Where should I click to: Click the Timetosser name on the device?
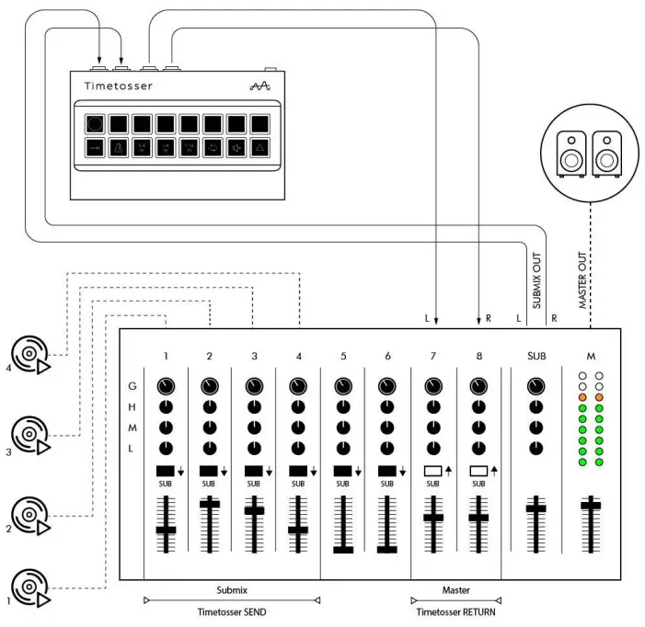point(119,85)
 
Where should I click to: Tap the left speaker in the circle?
point(573,153)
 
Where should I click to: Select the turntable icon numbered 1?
point(29,587)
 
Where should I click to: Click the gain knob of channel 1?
point(166,386)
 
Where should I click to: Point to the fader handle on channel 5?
point(343,549)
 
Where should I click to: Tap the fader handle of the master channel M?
point(591,505)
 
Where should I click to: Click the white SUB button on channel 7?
point(432,471)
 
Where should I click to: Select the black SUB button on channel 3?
point(253,471)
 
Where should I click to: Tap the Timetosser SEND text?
point(232,611)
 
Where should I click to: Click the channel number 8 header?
point(478,355)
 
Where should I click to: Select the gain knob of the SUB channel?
point(536,386)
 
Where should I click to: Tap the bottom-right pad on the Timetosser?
point(260,148)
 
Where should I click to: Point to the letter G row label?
point(132,387)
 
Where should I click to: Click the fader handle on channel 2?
point(210,503)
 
